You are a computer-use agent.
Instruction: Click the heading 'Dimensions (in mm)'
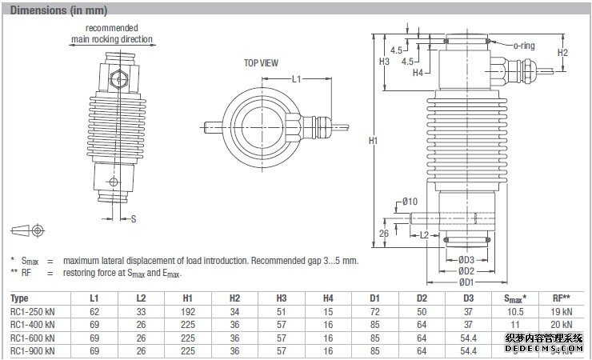58,10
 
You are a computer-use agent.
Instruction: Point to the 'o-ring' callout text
523,46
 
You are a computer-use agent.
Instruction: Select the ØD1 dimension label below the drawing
467,281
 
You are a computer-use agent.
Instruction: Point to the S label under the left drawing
134,218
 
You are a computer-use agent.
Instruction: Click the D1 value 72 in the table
374,311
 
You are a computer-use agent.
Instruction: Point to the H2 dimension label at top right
562,53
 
